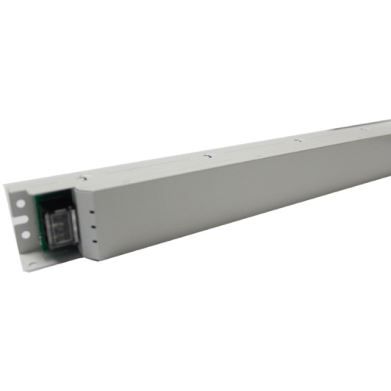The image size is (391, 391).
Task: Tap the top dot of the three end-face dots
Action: coord(92,209)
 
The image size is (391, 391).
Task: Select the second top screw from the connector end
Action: coord(206,155)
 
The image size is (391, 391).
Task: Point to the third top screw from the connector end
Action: coord(298,139)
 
